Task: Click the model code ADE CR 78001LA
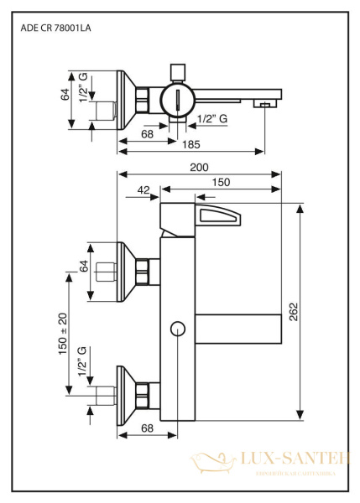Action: pyautogui.click(x=55, y=28)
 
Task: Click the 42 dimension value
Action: pyautogui.click(x=143, y=190)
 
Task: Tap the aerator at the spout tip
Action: pyautogui.click(x=263, y=104)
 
